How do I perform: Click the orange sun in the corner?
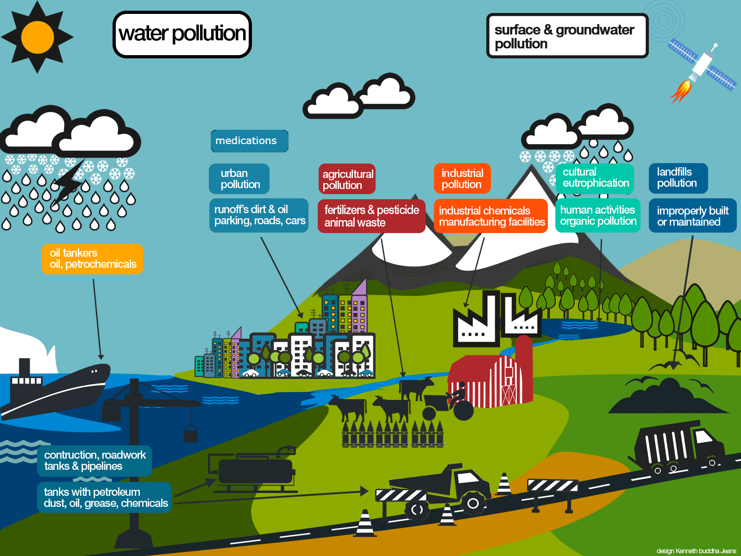point(37,37)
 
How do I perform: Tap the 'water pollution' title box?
point(182,34)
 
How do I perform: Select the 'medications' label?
point(249,141)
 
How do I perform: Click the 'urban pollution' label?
point(239,179)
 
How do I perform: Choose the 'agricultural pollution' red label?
point(347,179)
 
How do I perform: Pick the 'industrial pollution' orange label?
point(462,179)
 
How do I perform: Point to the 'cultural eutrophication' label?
point(595,178)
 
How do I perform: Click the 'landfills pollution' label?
point(678,178)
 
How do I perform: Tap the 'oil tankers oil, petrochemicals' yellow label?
point(93,259)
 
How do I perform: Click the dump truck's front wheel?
point(473,503)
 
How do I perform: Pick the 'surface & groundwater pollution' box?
point(567,36)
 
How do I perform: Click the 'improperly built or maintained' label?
point(692,216)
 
